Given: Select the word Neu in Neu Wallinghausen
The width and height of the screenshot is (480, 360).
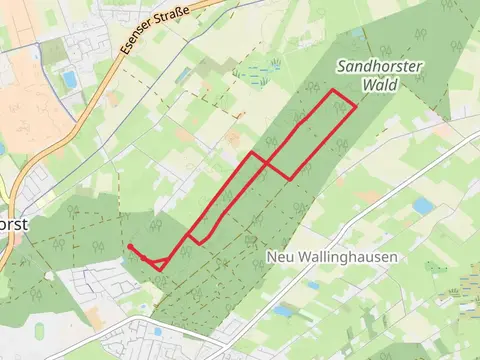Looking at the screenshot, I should (280, 257).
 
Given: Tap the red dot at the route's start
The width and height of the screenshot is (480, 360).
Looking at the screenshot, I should (130, 246).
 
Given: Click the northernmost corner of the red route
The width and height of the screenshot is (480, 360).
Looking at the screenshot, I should (334, 90).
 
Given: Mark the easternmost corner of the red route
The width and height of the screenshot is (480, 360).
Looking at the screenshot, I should (356, 106).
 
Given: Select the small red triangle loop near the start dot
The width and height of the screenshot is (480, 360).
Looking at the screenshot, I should (156, 264).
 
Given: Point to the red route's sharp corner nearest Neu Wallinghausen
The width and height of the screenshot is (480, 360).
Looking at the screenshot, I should (290, 179).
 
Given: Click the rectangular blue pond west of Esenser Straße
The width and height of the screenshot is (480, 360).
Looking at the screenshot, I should (69, 78).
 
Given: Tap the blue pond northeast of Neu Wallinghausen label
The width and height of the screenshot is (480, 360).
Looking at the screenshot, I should (423, 206).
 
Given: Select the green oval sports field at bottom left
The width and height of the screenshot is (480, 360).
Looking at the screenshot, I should (40, 331).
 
